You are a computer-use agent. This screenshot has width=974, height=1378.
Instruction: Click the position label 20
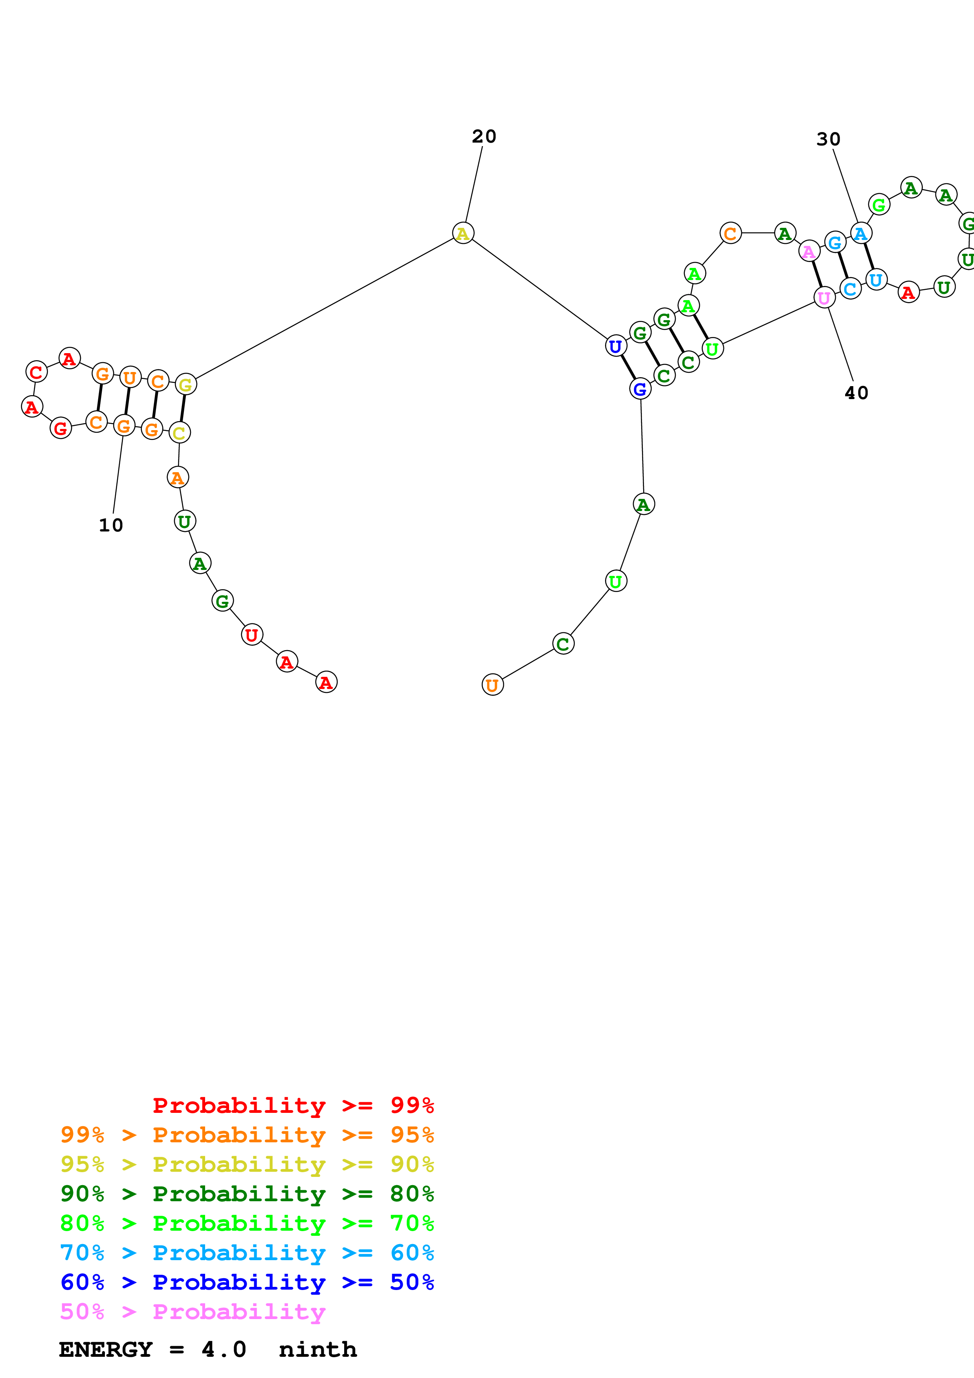(x=484, y=137)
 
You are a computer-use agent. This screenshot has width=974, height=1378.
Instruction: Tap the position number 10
(x=111, y=526)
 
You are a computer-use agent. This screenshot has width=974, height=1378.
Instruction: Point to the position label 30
(x=828, y=139)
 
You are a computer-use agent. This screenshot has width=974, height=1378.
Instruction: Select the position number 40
(x=857, y=393)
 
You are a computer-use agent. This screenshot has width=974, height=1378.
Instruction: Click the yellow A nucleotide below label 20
(x=463, y=233)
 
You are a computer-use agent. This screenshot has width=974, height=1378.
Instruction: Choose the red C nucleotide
(x=37, y=372)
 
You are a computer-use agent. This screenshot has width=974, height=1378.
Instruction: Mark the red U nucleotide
(x=252, y=634)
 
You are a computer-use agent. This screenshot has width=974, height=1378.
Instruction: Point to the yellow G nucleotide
(x=185, y=385)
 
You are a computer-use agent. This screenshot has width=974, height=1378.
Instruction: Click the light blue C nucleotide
(x=850, y=289)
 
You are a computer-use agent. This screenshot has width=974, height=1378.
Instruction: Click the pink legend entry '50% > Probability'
(x=193, y=1312)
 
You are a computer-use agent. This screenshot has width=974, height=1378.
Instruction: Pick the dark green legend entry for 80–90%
(x=247, y=1194)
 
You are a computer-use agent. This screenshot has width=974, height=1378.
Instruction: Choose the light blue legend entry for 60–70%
(x=247, y=1253)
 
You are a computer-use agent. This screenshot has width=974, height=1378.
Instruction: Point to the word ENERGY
(x=106, y=1350)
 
